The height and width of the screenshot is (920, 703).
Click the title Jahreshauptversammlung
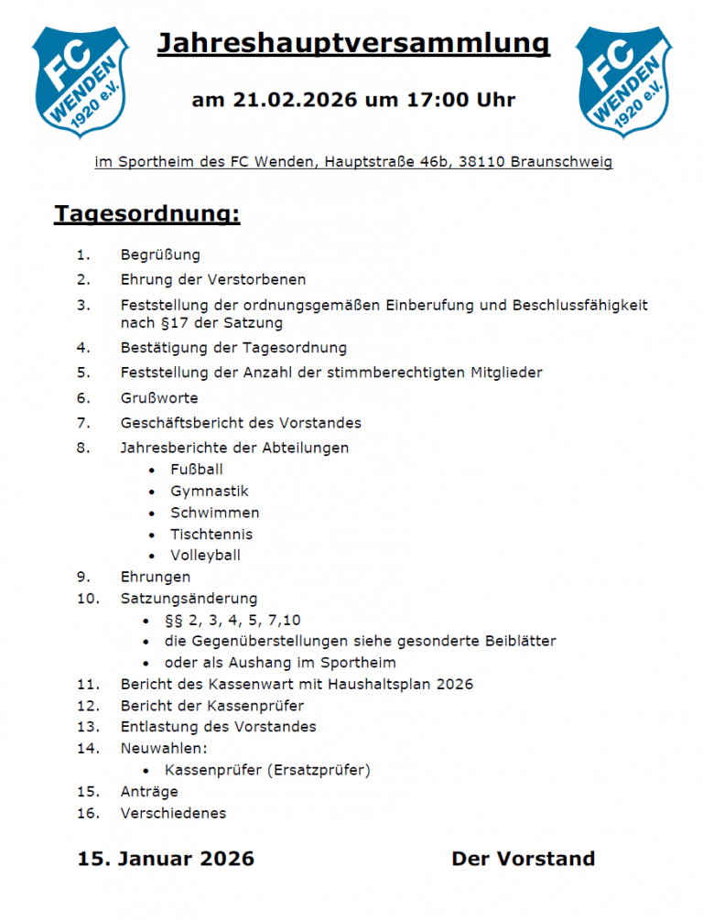click(353, 43)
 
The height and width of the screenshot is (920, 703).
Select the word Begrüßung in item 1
click(160, 254)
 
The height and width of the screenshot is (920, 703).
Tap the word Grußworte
click(159, 398)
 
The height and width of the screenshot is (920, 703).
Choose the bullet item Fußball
click(197, 470)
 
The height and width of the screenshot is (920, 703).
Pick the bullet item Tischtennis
click(211, 534)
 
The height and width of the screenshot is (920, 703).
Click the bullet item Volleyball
click(205, 555)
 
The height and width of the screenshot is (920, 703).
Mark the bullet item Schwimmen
click(214, 513)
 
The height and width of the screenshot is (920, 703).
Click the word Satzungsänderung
click(189, 599)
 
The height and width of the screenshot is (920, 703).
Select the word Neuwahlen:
click(164, 748)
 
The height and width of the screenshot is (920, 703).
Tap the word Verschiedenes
click(173, 813)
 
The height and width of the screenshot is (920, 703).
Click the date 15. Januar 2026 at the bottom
click(166, 859)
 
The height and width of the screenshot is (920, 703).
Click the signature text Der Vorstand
click(523, 859)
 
